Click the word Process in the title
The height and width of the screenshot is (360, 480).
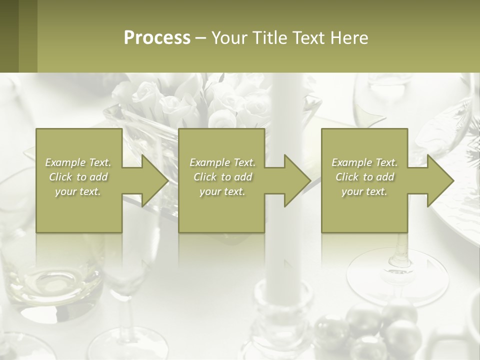tap(157, 38)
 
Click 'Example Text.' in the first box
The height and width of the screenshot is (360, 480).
tap(78, 162)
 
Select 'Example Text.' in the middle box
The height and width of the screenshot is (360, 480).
tap(222, 162)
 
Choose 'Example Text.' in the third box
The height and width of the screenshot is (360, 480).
tap(364, 162)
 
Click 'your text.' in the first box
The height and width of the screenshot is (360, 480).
tap(78, 191)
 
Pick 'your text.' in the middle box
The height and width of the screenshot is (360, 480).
tap(222, 191)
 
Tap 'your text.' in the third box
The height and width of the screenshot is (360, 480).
tap(364, 191)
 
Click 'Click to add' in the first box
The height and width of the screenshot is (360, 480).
tap(78, 177)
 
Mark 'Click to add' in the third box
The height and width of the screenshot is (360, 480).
tap(364, 177)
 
